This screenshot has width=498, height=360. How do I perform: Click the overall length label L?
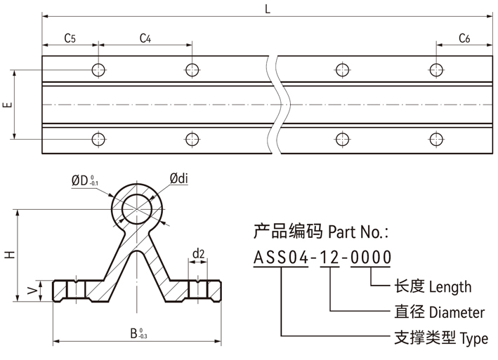[268, 8]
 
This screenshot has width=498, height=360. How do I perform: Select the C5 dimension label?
[70, 38]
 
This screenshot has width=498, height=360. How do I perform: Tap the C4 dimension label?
[145, 38]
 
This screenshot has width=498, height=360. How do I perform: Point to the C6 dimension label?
[464, 38]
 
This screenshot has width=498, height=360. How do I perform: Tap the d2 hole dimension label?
[198, 253]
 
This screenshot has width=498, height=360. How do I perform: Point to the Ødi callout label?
[178, 181]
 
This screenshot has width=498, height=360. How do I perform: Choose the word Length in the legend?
[450, 287]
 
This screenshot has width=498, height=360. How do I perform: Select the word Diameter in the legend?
[457, 313]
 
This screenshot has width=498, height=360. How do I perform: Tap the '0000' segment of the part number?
[371, 258]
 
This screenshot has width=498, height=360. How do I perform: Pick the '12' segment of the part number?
[329, 258]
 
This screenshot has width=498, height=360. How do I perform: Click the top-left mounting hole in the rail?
[98, 69]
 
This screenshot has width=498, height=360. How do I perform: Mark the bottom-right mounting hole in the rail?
[436, 139]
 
